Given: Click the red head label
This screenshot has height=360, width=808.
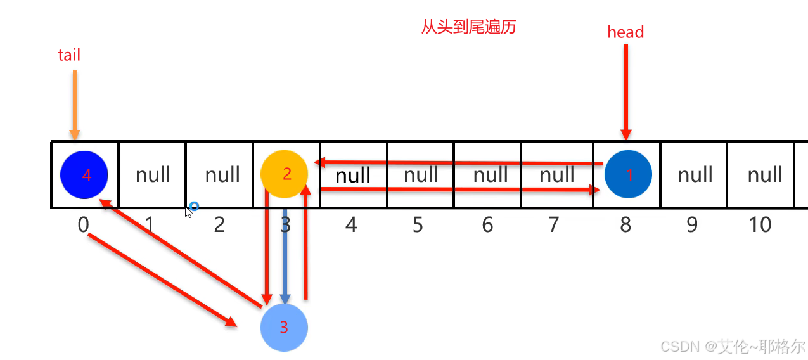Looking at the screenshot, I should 625,32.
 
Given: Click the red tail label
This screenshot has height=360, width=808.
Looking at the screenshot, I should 69,55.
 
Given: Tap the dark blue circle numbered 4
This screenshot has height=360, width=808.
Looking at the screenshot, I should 84,174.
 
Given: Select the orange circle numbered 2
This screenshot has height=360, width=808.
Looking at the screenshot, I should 285,174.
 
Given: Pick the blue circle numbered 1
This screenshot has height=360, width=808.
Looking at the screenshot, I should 628,174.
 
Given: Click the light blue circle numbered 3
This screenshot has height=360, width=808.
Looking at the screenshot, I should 284,328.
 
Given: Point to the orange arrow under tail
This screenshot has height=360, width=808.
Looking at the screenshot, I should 75,105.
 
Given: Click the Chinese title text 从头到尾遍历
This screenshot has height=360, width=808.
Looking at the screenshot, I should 468,27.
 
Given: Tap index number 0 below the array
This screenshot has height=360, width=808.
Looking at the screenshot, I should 83,224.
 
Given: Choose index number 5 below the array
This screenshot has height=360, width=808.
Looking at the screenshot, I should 418,224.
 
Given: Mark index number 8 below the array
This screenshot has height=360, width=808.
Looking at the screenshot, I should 625,224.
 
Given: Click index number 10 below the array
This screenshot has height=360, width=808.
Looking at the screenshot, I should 760,224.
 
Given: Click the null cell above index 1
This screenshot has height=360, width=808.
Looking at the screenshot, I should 153,174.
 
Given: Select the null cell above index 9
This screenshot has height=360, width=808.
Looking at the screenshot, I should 695,174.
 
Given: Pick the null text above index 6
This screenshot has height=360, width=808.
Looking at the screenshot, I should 491,174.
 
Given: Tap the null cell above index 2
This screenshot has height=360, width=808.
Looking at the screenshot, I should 222,174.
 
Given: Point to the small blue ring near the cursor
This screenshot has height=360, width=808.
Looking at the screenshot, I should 195,206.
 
